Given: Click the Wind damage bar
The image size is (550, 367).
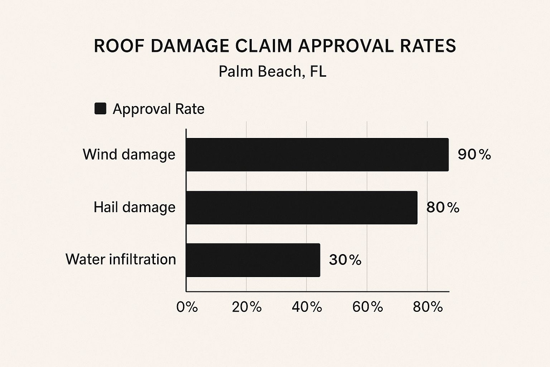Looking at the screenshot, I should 317,154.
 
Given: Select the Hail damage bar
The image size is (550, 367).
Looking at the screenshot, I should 301,208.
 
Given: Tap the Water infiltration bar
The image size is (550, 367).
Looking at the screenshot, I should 253,260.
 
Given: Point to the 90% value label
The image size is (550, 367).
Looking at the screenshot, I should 474,154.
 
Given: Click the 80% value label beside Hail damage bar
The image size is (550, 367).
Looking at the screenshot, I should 443,208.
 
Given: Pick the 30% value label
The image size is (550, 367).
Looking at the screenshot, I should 345,260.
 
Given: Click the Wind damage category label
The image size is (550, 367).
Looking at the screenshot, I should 129,154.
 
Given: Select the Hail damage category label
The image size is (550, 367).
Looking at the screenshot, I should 134,208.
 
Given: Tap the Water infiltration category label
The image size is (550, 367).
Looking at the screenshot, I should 121,259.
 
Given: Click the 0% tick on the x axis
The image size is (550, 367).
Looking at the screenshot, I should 187,307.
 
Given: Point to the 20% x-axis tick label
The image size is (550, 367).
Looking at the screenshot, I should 247,307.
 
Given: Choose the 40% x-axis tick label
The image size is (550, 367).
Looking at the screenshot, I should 307,307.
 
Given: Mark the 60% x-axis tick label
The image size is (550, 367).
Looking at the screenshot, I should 367,307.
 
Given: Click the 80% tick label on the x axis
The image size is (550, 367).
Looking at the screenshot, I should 428,307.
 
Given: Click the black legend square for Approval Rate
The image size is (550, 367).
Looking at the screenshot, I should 100,109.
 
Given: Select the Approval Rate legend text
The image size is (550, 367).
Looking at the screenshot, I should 158,109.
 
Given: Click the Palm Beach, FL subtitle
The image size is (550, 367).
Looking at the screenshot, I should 272,72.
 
